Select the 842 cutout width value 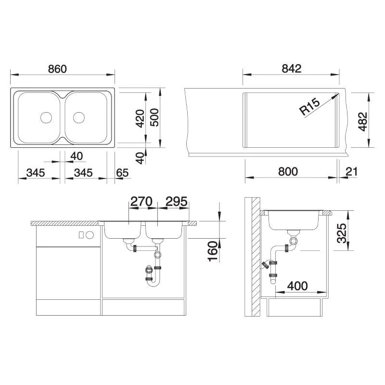292,68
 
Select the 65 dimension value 122,172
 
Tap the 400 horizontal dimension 298,286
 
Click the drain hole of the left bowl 46,117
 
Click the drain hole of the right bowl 79,117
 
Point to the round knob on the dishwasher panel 89,235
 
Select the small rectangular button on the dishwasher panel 81,235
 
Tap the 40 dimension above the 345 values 76,156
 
